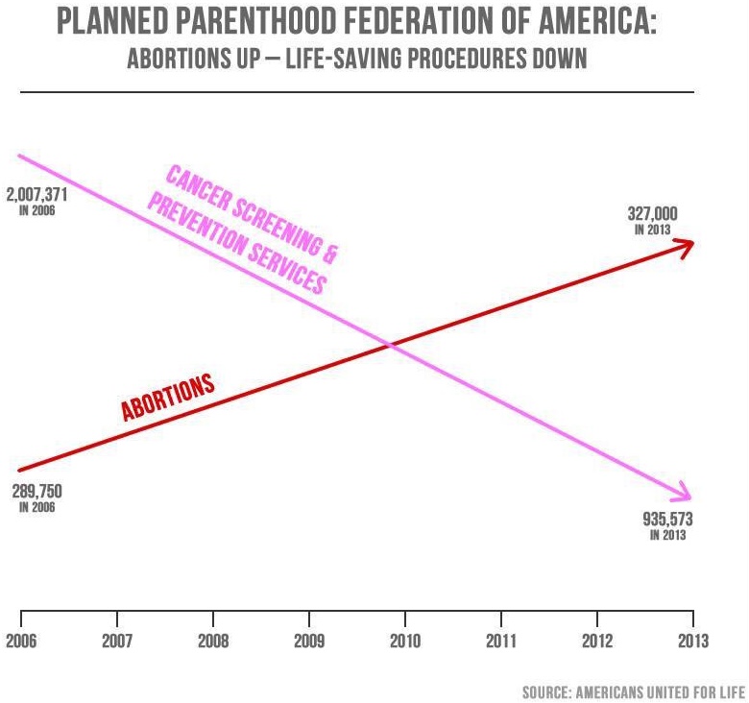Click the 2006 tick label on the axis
pyautogui.click(x=21, y=641)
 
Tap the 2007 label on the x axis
pyautogui.click(x=117, y=641)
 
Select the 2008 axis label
pyautogui.click(x=213, y=641)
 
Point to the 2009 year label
pyautogui.click(x=309, y=641)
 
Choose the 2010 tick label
pyautogui.click(x=405, y=641)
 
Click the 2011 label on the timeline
pyautogui.click(x=501, y=641)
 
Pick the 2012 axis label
pyautogui.click(x=597, y=641)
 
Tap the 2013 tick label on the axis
pyautogui.click(x=692, y=641)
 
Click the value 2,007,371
pyautogui.click(x=37, y=195)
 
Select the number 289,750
pyautogui.click(x=36, y=492)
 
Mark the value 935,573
pyautogui.click(x=667, y=520)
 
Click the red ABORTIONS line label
pyautogui.click(x=167, y=397)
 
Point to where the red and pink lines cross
pyautogui.click(x=390, y=344)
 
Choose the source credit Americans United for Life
pyautogui.click(x=635, y=691)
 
